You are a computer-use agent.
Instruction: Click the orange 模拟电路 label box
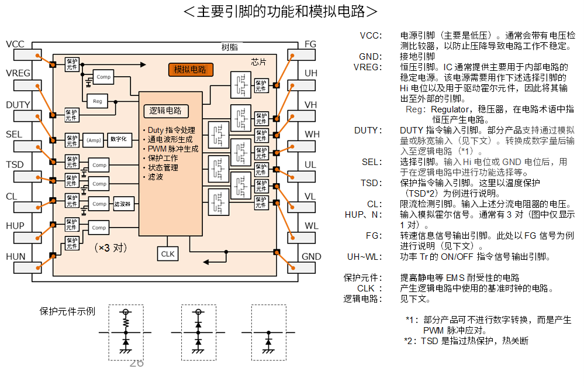point(191,70)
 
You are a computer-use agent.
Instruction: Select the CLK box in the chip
point(168,253)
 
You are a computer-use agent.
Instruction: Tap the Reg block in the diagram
point(98,101)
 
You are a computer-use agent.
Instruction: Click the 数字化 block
point(122,140)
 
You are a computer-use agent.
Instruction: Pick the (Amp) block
point(94,140)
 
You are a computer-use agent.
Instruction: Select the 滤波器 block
point(123,204)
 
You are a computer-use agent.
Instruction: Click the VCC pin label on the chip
point(15,44)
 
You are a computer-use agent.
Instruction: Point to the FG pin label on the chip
point(310,44)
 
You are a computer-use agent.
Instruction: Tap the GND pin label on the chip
point(312,256)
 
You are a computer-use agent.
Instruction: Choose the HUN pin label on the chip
point(15,256)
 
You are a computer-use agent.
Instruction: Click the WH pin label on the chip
point(312,134)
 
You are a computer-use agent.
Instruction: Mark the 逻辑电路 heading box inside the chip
point(165,111)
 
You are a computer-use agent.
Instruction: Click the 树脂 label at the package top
point(230,47)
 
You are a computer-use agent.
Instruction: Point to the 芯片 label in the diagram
point(258,61)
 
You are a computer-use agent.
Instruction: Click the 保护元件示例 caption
point(67,311)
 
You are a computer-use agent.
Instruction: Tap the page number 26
point(136,363)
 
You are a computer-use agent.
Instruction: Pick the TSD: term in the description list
point(371,183)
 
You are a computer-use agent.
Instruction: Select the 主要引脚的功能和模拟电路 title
point(280,12)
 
